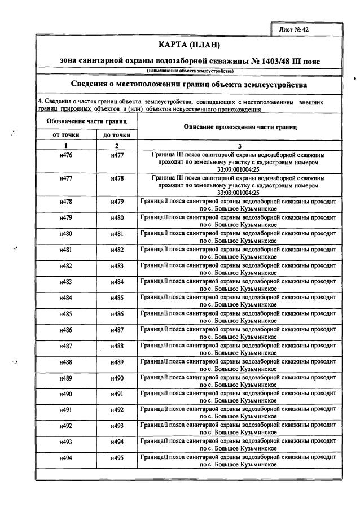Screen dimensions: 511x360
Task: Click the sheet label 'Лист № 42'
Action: click(293, 28)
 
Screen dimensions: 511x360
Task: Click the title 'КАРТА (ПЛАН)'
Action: click(190, 45)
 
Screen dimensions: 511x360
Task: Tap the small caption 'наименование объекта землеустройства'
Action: click(190, 71)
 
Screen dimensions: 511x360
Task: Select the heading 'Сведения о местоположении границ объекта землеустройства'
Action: click(190, 85)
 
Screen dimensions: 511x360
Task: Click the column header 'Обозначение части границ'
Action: click(86, 121)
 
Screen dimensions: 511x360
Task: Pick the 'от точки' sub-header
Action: click(65, 135)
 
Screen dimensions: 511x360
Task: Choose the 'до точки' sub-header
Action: click(117, 135)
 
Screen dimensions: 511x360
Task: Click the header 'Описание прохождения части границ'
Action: click(240, 128)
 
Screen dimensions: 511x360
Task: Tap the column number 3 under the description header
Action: click(240, 145)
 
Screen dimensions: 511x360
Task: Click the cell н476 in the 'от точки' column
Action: click(65, 154)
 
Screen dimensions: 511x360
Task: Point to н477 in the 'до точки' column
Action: click(117, 154)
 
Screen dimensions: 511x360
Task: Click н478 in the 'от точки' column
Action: click(65, 202)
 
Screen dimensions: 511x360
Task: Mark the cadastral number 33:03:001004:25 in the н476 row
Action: click(240, 168)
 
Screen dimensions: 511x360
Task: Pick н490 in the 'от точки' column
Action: click(65, 394)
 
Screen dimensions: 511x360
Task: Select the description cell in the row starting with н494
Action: click(240, 461)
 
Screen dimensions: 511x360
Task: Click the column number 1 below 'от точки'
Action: click(65, 145)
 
